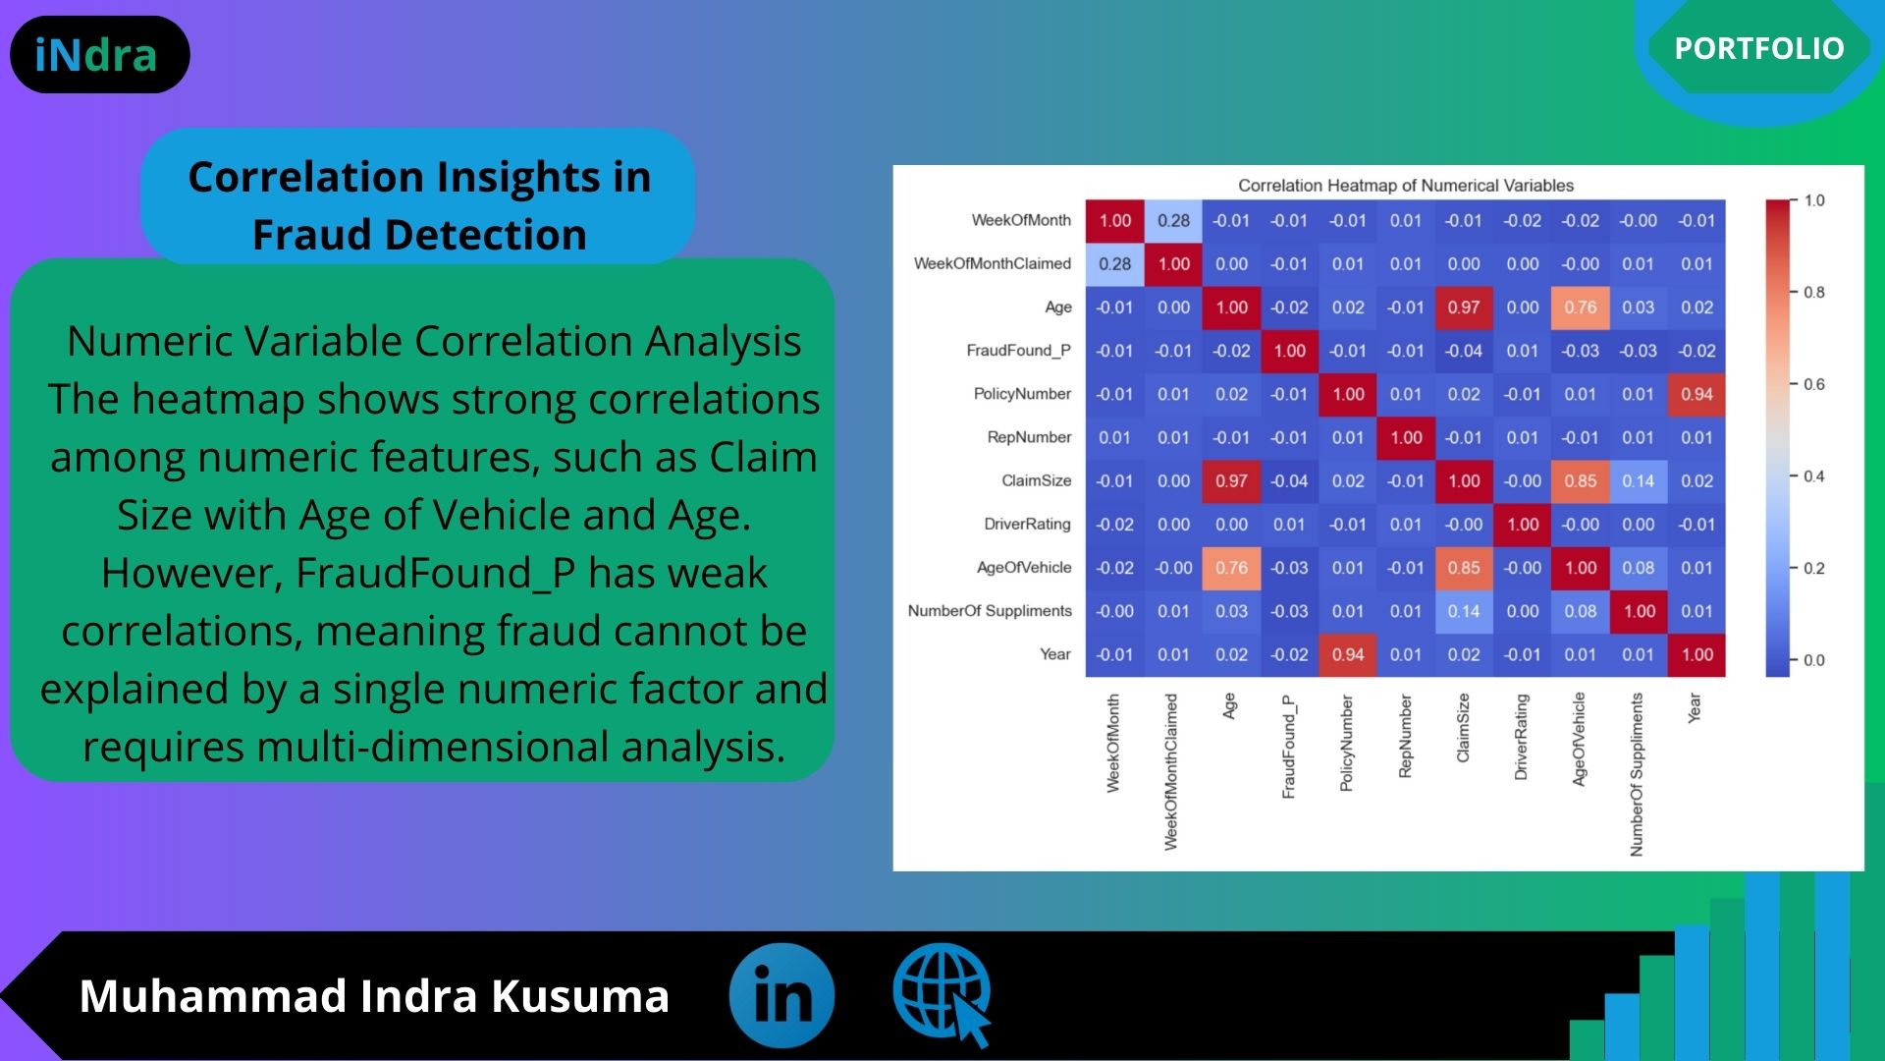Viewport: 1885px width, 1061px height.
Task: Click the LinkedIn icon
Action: click(781, 995)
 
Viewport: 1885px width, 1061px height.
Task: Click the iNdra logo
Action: click(96, 55)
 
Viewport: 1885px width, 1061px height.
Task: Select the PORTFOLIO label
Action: click(1759, 48)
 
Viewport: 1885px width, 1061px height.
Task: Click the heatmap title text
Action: click(1405, 186)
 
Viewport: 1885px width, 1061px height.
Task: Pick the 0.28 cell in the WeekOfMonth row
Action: click(1173, 221)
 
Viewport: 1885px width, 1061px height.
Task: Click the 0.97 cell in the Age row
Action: click(1464, 307)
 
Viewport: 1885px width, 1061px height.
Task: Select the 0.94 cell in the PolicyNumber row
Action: click(1696, 394)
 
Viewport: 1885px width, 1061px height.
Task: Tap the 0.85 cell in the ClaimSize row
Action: click(1581, 480)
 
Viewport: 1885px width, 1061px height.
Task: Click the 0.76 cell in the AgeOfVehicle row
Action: click(1231, 568)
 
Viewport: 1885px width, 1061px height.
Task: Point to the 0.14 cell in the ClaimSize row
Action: click(1639, 480)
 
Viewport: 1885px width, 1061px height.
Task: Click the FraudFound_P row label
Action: click(1018, 351)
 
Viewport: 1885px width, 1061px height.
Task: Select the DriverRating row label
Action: click(1027, 524)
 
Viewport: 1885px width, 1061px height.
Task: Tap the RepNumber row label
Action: click(1029, 437)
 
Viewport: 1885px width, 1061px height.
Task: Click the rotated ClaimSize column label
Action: click(1463, 728)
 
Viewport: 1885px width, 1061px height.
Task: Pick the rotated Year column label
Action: click(1695, 708)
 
